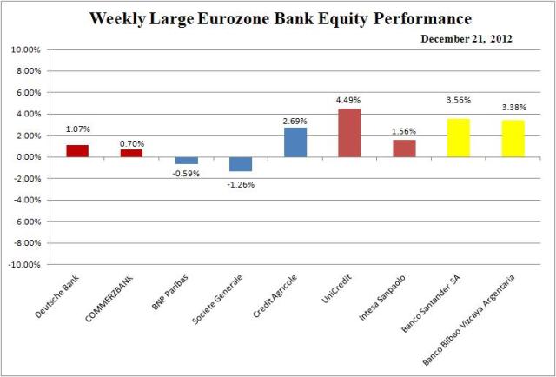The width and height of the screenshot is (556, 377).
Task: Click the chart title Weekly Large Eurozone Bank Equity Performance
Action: [x=279, y=18]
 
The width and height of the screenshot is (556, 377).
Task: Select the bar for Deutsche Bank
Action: [x=77, y=151]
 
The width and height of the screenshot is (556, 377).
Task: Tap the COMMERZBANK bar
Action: [x=131, y=153]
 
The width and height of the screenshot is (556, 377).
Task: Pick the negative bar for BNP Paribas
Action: [x=186, y=160]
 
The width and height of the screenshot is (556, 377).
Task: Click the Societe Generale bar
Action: [x=241, y=164]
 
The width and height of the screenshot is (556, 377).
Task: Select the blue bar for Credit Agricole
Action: [x=295, y=142]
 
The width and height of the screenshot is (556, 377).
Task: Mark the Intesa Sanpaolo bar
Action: [x=404, y=149]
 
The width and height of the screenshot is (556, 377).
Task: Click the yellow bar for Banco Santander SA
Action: [x=458, y=138]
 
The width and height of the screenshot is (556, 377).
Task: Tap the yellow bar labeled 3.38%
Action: [x=513, y=139]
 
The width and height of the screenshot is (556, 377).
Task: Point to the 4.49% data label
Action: [x=348, y=99]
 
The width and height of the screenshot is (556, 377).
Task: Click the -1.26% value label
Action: [x=241, y=184]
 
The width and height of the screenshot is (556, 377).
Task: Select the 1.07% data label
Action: [x=77, y=130]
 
